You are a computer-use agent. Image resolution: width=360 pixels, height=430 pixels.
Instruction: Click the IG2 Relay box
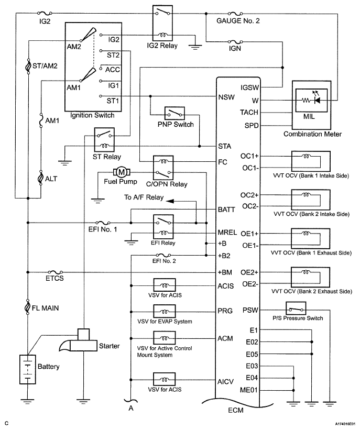pos(163,23)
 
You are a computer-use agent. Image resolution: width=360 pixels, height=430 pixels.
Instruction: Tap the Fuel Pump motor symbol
pos(121,172)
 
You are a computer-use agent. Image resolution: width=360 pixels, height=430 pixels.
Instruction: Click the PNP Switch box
pos(174,113)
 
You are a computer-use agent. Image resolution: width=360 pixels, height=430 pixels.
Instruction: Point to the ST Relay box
pos(104,140)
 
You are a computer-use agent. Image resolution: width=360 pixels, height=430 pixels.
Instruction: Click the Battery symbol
pos(28,369)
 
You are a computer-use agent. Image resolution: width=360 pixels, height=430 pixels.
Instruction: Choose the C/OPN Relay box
pos(163,168)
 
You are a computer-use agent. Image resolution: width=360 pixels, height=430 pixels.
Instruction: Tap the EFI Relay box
pos(163,227)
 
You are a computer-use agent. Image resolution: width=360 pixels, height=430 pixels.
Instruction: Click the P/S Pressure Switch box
pos(296,308)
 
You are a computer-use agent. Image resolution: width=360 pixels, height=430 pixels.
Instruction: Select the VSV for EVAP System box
pos(165,311)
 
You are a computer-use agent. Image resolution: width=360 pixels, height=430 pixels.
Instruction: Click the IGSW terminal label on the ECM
pos(250,87)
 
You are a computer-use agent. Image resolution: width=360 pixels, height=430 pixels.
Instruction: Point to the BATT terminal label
pos(226,210)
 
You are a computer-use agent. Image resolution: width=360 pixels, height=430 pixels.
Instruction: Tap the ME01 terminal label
pos(249,390)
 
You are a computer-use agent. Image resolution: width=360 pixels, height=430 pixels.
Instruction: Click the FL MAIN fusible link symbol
pos(27,306)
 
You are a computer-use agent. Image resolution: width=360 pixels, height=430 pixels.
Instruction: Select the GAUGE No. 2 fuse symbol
pos(235,13)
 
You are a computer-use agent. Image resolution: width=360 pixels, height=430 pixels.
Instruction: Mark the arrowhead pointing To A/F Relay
pos(170,201)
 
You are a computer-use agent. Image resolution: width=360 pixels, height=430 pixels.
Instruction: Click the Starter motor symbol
pos(80,340)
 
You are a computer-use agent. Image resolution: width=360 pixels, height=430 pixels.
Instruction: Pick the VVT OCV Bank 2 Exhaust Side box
pos(311,277)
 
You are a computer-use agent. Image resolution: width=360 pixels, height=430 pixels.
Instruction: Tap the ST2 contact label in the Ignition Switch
pos(113,55)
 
